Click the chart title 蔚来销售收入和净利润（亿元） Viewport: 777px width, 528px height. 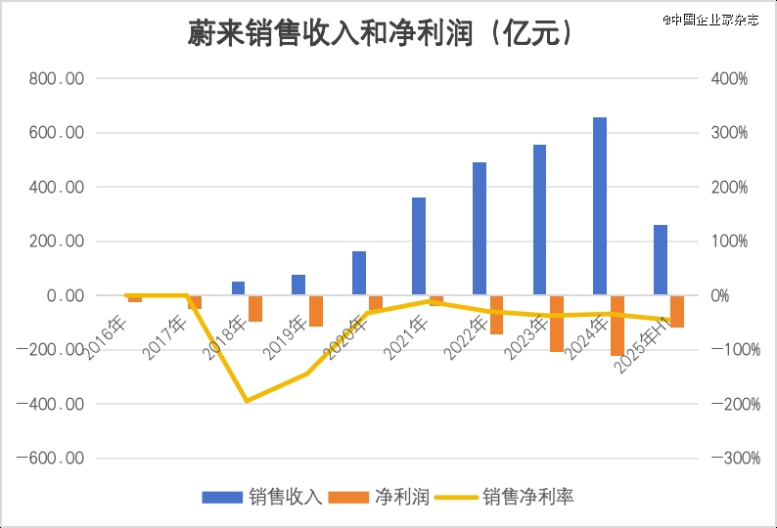[x=381, y=33]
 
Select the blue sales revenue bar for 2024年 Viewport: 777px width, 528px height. [x=600, y=206]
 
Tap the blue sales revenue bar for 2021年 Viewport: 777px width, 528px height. [x=419, y=245]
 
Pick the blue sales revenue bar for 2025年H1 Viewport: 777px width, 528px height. [x=661, y=260]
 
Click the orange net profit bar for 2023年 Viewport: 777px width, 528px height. [x=557, y=324]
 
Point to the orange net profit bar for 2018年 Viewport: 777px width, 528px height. [x=255, y=308]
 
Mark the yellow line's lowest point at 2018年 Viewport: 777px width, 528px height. [x=247, y=401]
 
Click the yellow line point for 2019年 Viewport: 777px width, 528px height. [x=306, y=374]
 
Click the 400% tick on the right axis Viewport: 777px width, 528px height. [x=729, y=78]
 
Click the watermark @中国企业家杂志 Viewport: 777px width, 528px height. [x=710, y=19]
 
